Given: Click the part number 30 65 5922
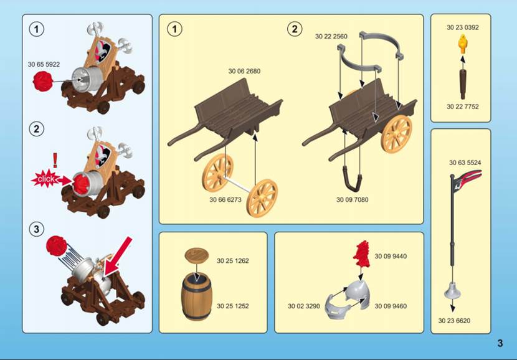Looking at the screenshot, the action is (44, 65).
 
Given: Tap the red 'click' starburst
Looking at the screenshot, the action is (46, 179).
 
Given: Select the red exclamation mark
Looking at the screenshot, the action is (55, 160).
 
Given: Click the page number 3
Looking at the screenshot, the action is (500, 343).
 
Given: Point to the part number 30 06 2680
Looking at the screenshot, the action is (244, 71).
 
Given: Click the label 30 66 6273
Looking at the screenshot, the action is (225, 200).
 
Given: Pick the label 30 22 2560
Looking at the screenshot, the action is (331, 37).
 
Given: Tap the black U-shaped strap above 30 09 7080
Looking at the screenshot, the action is (352, 179).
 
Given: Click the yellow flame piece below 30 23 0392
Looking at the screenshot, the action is (463, 44).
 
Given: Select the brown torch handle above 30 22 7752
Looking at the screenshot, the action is (463, 84).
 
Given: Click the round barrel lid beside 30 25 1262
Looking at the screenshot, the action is (196, 255).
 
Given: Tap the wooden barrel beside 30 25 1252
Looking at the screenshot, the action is (196, 296).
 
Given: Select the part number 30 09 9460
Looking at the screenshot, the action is (391, 306).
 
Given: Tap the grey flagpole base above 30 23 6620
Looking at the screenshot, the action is (452, 290).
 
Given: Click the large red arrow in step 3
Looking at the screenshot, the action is (117, 257).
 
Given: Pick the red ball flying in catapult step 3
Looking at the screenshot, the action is (57, 245).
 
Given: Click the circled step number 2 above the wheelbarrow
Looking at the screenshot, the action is (295, 29).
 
